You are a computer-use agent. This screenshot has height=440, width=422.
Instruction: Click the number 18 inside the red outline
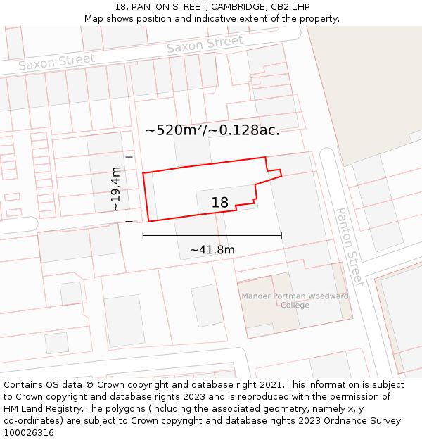[x=220, y=203]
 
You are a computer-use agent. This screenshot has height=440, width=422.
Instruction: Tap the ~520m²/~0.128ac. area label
[x=212, y=130]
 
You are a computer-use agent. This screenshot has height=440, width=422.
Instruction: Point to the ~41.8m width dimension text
[x=212, y=249]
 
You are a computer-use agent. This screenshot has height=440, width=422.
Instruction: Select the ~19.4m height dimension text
[x=116, y=189]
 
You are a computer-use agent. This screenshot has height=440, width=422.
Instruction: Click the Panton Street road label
[x=350, y=246]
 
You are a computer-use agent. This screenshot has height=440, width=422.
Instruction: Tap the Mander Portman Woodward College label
[x=295, y=301]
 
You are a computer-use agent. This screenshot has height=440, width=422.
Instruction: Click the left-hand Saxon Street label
[x=56, y=62]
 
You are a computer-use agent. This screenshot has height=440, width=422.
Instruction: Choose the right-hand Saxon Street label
[x=205, y=45]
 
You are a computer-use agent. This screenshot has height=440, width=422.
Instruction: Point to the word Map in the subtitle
[x=94, y=19]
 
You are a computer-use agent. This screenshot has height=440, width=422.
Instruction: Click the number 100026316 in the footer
[x=28, y=433]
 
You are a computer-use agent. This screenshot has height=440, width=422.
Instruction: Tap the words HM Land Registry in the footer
[x=43, y=409]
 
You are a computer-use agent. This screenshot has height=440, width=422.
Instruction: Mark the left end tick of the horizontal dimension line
[x=143, y=235]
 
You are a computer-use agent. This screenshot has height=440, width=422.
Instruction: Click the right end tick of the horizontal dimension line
[x=281, y=235]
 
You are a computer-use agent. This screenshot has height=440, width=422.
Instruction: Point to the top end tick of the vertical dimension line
[x=129, y=156]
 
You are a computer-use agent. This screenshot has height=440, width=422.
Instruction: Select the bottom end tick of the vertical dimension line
[x=129, y=221]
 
